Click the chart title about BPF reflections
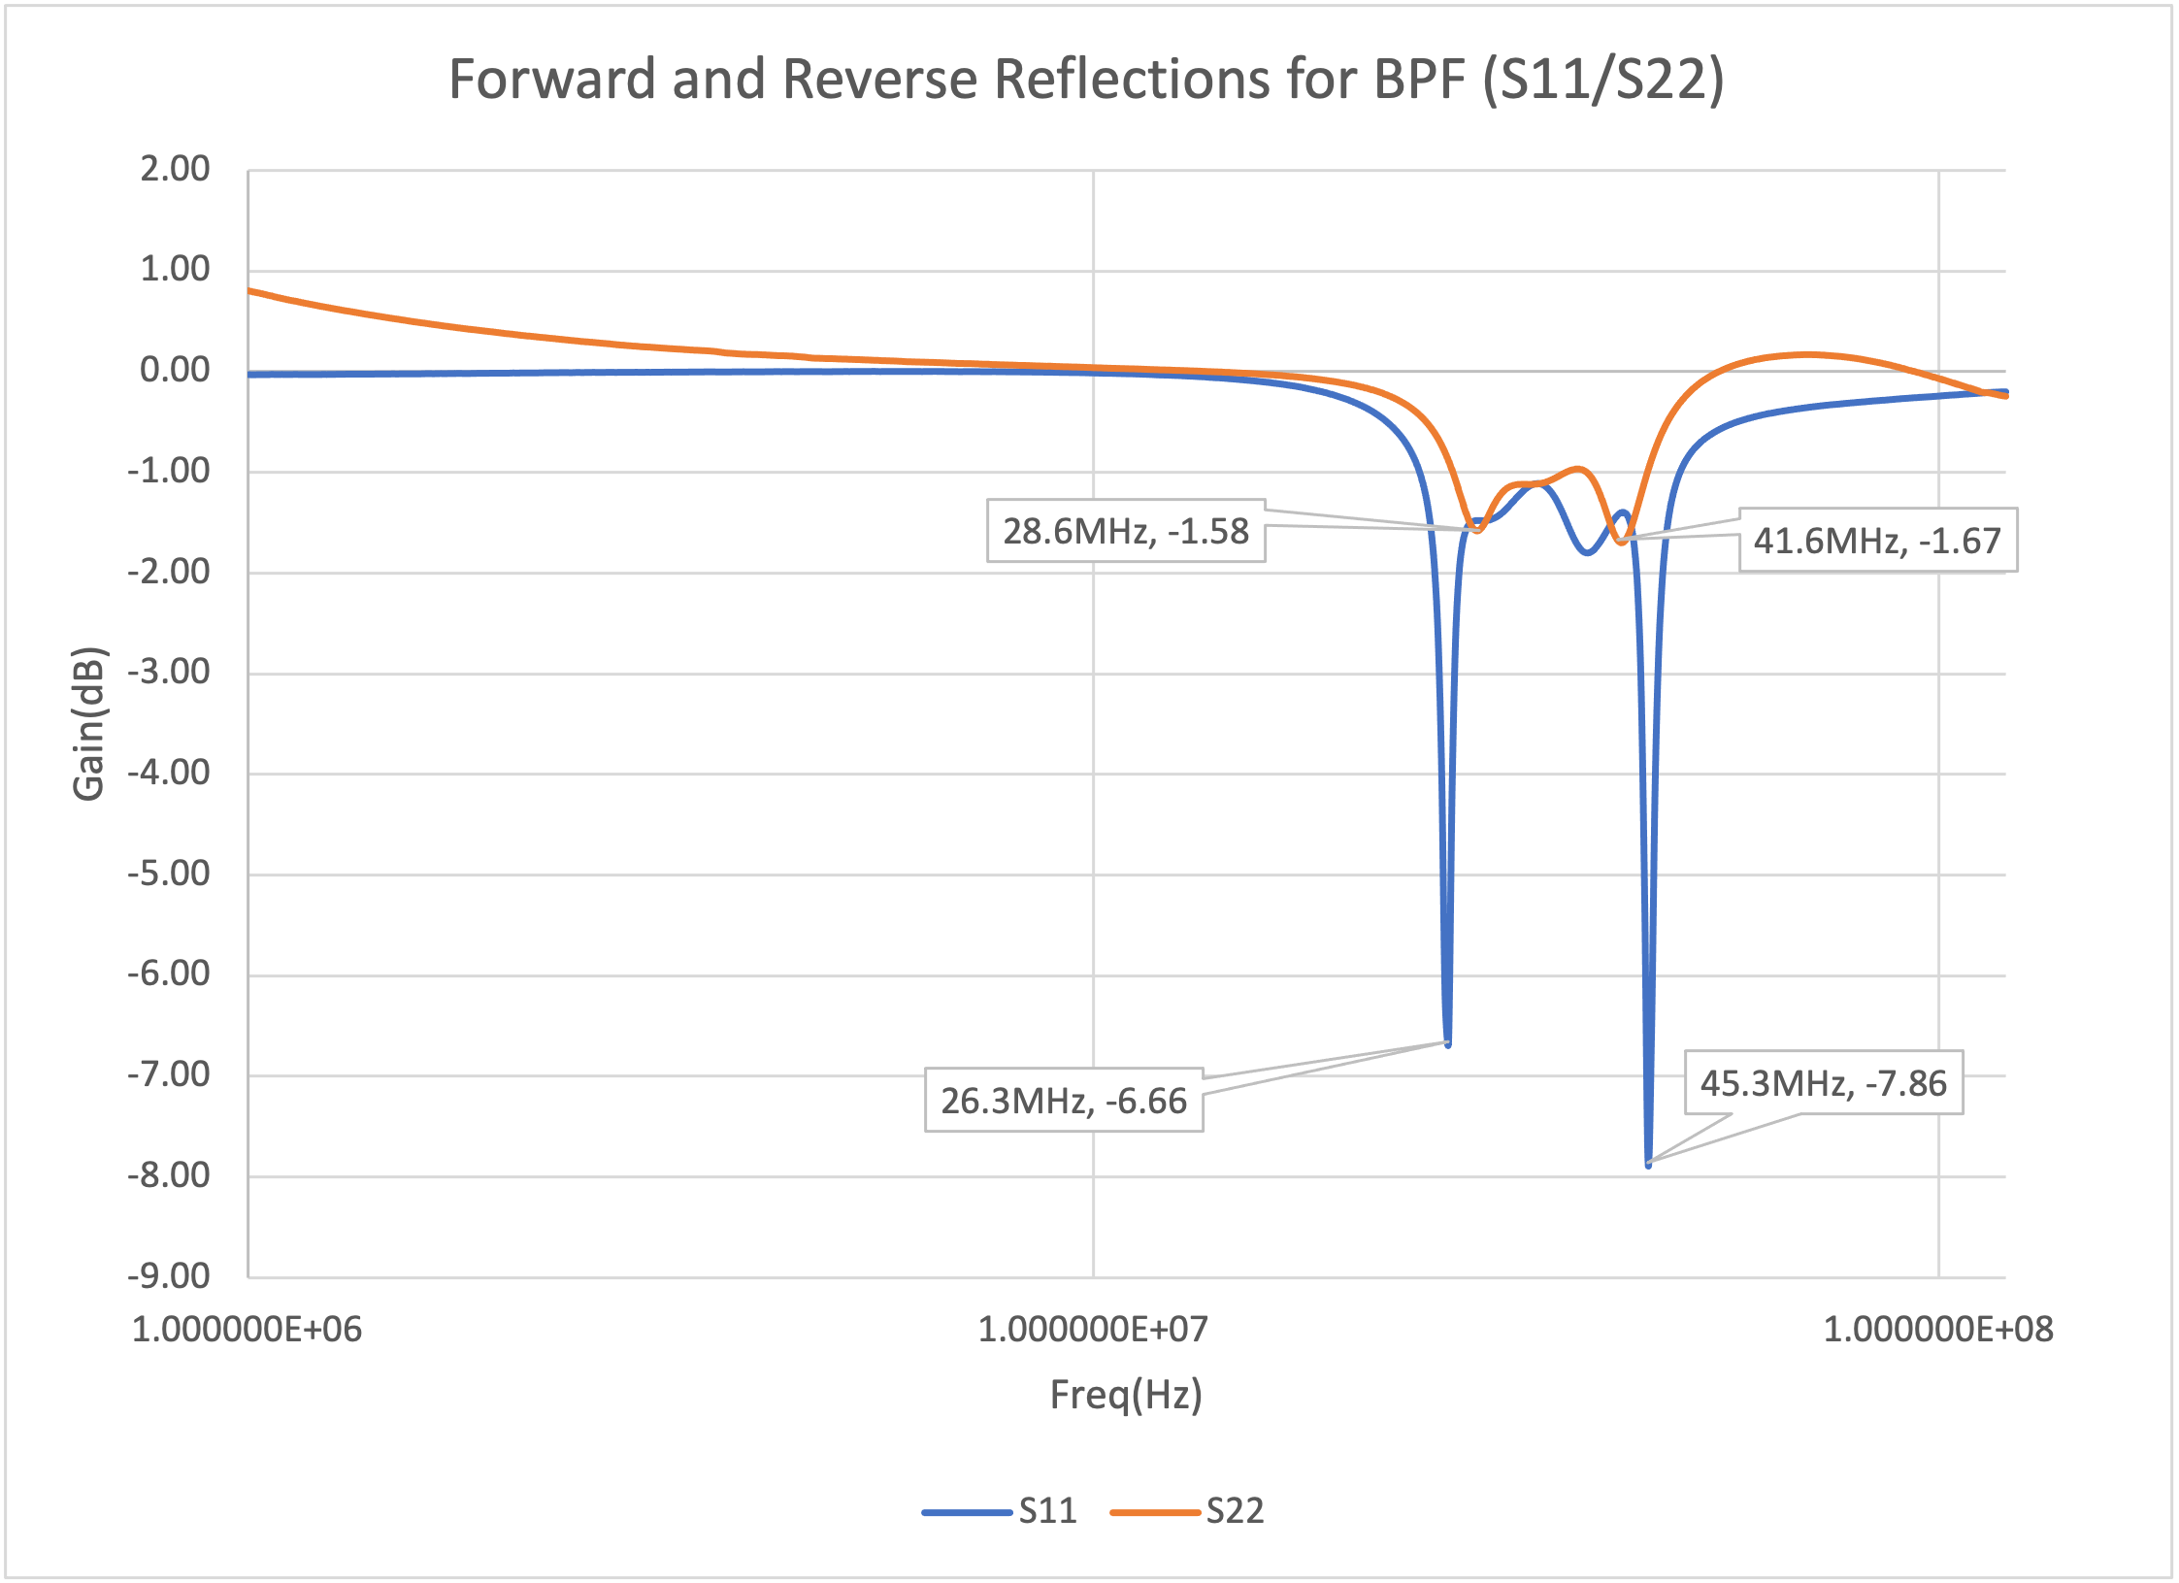tap(1086, 79)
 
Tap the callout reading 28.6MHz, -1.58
tap(1126, 531)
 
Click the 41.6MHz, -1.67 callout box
tap(1877, 540)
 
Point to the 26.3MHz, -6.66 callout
tap(1064, 1101)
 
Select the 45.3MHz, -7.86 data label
tap(1823, 1082)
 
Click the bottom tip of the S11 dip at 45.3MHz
tap(1648, 1164)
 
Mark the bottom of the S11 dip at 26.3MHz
tap(1448, 1044)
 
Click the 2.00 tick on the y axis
tap(175, 169)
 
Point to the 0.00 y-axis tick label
tap(175, 370)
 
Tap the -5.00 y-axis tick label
tap(169, 874)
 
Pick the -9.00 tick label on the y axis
tap(169, 1275)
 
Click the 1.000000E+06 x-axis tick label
tap(247, 1329)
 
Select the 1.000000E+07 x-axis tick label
tap(1093, 1329)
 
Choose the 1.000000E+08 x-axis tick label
tap(1938, 1329)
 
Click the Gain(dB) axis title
tap(88, 723)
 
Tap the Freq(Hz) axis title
tap(1126, 1395)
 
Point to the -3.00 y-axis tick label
tap(169, 672)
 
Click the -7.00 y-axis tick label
tap(169, 1074)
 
